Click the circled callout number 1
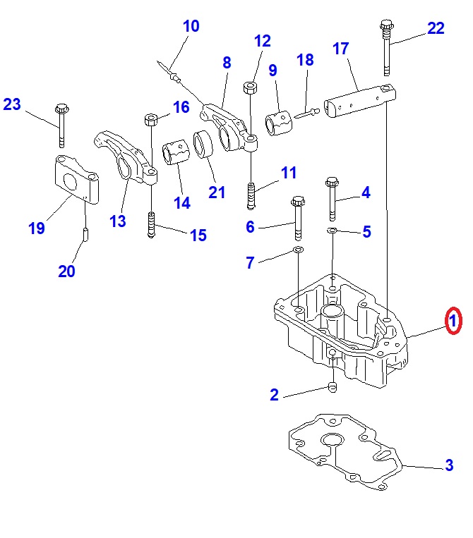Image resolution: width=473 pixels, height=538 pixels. (x=453, y=322)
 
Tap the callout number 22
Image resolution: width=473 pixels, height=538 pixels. (x=436, y=29)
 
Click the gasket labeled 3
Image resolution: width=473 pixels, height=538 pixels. (x=346, y=451)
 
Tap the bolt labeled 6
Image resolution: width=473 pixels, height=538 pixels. (x=297, y=219)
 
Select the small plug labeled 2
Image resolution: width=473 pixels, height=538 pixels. (x=331, y=386)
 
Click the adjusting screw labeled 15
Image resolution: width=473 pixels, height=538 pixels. (x=151, y=225)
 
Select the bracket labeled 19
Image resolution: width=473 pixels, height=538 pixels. (x=75, y=180)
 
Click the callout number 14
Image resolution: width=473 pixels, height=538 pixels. (x=182, y=203)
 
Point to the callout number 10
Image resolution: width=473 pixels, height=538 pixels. (x=191, y=27)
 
